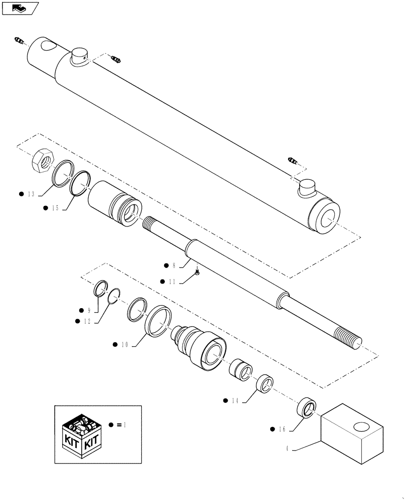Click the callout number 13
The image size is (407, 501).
[31, 193]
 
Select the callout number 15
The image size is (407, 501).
[55, 207]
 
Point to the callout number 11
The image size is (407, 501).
[171, 282]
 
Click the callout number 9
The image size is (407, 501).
[89, 310]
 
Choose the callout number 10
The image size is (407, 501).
[125, 345]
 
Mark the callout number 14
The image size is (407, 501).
[236, 400]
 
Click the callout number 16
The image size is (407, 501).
[282, 429]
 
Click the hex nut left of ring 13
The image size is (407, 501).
[42, 161]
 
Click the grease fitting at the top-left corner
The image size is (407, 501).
[19, 40]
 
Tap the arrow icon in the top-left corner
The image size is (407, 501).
[20, 8]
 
